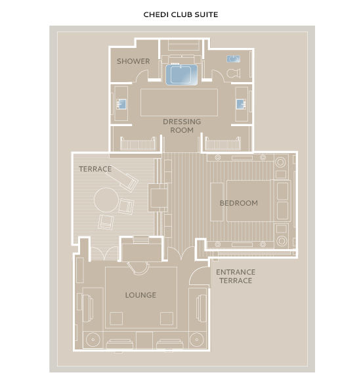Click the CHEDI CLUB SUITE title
point(180,14)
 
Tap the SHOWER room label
point(133,61)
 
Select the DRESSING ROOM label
point(182,126)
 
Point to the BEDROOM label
point(239,203)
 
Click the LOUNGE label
point(140,295)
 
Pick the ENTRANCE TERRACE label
point(236,277)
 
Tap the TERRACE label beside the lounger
point(95,169)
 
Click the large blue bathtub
point(182,75)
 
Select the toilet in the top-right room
point(234,73)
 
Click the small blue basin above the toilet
point(234,59)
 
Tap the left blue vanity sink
point(121,104)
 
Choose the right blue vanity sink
point(242,104)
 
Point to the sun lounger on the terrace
point(122,179)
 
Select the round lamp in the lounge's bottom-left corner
point(93,340)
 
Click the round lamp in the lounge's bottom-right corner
point(197,340)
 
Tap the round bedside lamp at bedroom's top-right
point(281,162)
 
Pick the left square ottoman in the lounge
point(116,319)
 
